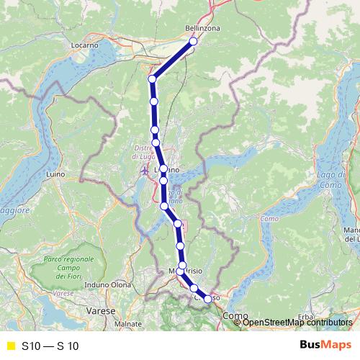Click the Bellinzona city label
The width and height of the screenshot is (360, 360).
202,28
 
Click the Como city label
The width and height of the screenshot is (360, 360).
235,316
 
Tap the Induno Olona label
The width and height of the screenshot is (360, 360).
108,285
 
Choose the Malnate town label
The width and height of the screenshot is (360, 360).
128,324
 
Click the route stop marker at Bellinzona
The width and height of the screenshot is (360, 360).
193,42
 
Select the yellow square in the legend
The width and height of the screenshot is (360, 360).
10,346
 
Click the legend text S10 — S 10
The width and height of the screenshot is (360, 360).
50,346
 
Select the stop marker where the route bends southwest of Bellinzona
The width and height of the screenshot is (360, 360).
152,78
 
